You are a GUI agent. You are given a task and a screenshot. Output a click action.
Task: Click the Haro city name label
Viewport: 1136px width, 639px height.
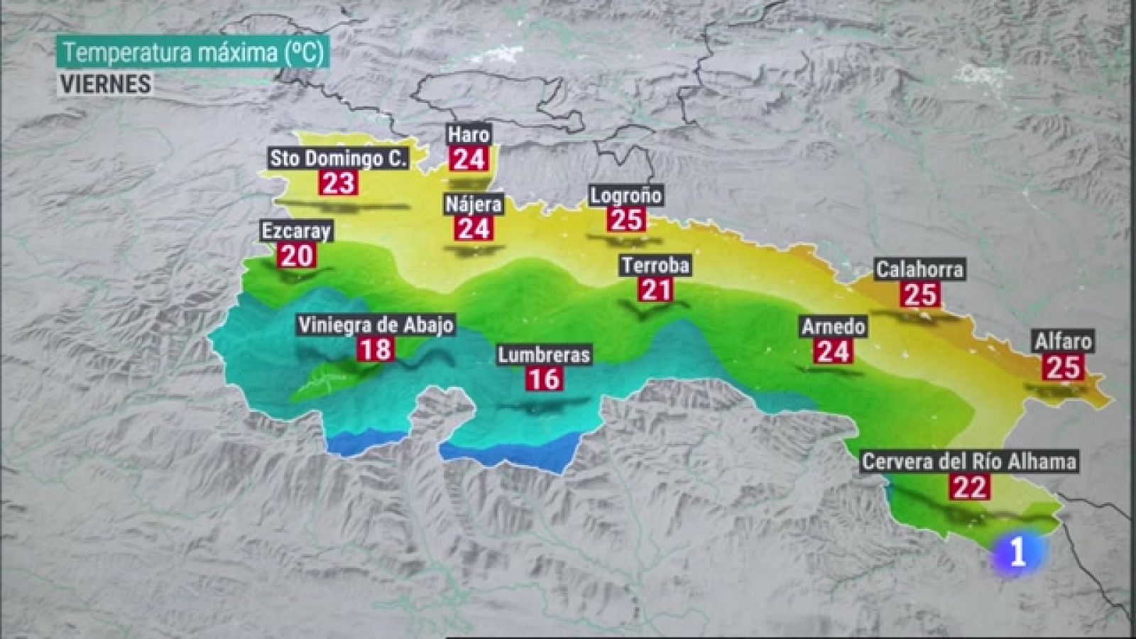(469, 134)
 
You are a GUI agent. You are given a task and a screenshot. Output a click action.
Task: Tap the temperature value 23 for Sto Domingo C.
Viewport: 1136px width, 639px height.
(339, 182)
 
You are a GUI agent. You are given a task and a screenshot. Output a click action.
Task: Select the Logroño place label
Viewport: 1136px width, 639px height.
(626, 195)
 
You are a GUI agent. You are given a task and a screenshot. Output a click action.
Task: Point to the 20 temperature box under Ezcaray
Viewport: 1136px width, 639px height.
(296, 255)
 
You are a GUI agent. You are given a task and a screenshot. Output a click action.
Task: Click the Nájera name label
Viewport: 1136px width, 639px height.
(474, 204)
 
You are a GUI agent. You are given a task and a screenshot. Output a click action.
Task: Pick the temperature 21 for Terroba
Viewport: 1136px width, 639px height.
(656, 289)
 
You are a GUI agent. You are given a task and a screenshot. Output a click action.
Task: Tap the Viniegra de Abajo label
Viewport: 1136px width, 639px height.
(376, 325)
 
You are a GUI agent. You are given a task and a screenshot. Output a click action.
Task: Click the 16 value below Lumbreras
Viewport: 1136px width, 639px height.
(544, 378)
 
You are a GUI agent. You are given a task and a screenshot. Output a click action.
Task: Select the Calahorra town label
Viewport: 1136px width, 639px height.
(919, 270)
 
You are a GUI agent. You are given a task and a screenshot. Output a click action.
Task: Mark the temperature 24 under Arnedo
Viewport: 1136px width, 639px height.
(834, 351)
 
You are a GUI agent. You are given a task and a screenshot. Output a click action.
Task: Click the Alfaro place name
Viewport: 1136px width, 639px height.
(1063, 342)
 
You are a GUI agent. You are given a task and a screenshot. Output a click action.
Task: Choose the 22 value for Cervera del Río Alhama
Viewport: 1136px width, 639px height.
(970, 486)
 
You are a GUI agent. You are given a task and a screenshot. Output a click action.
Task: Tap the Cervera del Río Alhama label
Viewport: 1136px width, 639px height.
(969, 461)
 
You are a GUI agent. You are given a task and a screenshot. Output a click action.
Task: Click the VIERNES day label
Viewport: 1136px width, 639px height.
(105, 84)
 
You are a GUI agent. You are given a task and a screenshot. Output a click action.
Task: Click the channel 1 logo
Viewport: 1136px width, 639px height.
(1018, 552)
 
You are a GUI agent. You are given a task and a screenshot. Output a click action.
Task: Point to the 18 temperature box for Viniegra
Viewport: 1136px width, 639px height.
(375, 349)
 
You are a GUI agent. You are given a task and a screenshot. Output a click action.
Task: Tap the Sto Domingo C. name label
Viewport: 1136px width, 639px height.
(339, 158)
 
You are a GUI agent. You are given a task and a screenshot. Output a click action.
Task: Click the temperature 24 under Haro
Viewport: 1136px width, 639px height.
(469, 159)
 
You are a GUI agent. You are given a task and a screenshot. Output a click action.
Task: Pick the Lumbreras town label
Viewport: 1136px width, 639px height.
(544, 354)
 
